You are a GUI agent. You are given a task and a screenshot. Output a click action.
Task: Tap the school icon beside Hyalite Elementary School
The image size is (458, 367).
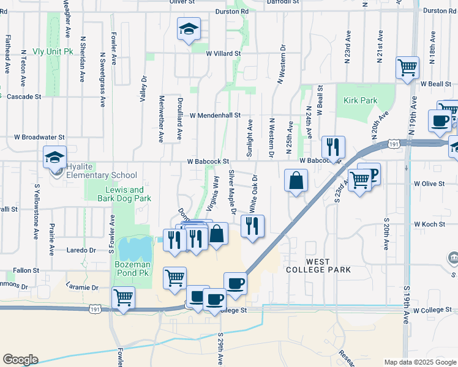click(55, 158)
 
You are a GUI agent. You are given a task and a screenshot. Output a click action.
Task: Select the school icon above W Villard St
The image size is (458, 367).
click(189, 29)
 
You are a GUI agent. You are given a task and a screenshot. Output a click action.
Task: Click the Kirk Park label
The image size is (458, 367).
click(360, 100)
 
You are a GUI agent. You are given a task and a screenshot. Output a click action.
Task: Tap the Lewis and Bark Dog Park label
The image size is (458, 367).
click(124, 194)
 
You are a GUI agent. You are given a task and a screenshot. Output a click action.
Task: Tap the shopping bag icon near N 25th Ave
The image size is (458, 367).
click(296, 181)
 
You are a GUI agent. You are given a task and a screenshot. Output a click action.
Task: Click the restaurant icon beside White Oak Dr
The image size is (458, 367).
click(252, 226)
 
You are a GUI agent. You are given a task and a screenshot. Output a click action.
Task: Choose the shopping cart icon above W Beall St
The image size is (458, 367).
click(407, 68)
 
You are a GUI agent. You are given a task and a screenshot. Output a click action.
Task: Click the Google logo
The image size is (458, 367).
click(20, 360)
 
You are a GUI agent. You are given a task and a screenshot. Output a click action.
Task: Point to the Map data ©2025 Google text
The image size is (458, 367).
click(419, 362)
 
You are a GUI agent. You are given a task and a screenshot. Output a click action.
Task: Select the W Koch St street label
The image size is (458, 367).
click(429, 224)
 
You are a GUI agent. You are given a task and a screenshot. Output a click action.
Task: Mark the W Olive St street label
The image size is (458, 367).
click(429, 183)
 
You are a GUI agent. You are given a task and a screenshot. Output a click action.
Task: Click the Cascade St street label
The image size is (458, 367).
click(24, 97)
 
